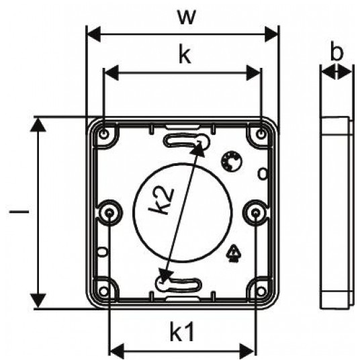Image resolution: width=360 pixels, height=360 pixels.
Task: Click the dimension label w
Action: coord(187,17)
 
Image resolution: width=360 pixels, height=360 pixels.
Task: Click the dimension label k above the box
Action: coord(185,55)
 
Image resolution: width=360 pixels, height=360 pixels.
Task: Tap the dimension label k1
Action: coord(182,332)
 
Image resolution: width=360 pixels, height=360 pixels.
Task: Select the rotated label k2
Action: coord(161,200)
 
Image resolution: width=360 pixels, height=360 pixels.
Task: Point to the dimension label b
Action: coord(336,52)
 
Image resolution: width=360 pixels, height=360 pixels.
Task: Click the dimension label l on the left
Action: coord(19,211)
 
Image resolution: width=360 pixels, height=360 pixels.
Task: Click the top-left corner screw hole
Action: coord(104,133)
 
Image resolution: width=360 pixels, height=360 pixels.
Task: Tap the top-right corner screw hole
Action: coord(261,133)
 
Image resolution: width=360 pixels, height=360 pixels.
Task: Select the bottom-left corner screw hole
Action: coord(104,291)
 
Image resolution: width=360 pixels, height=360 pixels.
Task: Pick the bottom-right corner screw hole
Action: coord(261,291)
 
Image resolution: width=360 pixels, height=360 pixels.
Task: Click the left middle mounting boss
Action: coord(109,213)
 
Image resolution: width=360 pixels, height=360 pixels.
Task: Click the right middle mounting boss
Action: coord(256,213)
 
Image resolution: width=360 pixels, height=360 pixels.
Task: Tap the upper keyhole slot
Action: coord(187,141)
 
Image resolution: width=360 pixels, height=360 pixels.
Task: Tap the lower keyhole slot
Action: coord(179,284)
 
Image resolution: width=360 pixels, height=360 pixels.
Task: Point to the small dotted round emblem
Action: coord(232,161)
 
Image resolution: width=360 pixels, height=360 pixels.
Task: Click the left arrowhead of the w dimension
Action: coord(93,34)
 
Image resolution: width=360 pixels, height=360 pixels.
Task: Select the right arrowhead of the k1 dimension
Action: coord(247,351)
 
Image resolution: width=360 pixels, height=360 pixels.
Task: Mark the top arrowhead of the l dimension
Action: coord(38,126)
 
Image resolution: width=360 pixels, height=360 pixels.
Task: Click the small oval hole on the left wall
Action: coord(103,251)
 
